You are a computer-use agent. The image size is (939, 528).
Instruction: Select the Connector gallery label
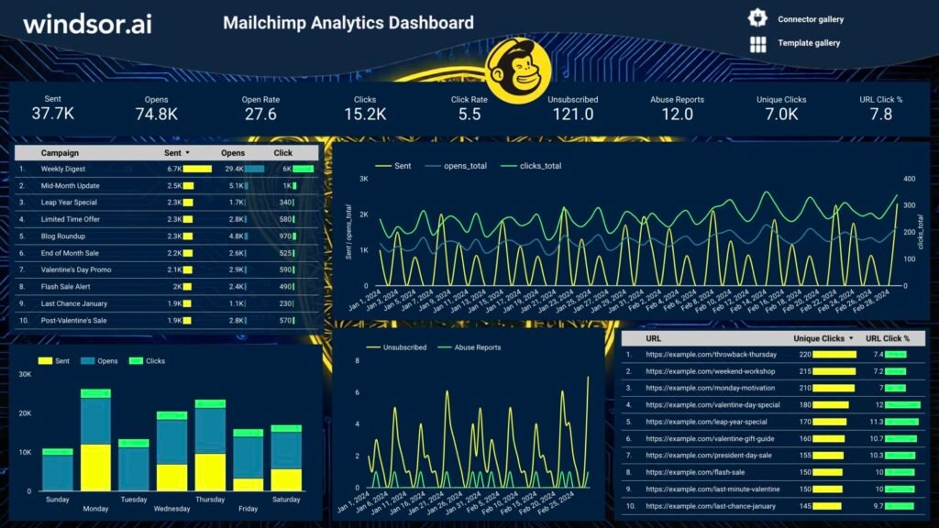pos(810,19)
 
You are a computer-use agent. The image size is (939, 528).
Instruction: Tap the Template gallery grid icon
pos(757,44)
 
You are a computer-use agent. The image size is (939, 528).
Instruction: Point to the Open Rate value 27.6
pos(260,114)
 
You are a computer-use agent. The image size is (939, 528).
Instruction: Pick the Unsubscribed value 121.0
pos(572,114)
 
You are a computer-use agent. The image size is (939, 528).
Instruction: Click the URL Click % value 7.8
pos(880,114)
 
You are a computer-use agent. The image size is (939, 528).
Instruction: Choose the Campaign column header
pos(60,153)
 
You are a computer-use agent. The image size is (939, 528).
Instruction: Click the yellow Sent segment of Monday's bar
pos(95,467)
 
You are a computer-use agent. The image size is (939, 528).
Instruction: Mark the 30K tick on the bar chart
pos(26,375)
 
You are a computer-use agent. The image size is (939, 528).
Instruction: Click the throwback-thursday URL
pos(711,354)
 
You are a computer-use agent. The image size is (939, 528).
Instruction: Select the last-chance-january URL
pos(711,506)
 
